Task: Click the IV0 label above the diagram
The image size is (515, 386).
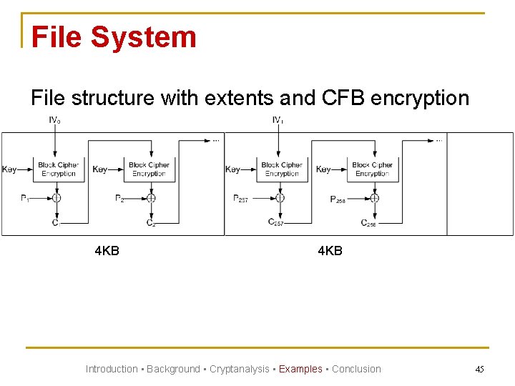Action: tap(54, 120)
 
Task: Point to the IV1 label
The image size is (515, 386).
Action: tap(278, 120)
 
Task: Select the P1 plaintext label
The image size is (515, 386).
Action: tap(25, 199)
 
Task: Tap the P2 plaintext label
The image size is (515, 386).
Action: tap(119, 199)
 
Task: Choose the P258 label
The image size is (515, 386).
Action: tap(338, 199)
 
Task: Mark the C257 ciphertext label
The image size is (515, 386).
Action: tap(276, 222)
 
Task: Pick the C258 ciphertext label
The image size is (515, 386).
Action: tap(368, 223)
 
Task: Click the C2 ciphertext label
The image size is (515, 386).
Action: tap(151, 223)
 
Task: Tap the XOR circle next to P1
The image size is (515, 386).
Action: tap(56, 198)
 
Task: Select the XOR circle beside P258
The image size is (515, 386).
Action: tap(373, 198)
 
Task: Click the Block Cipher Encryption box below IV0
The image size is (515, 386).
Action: tap(58, 169)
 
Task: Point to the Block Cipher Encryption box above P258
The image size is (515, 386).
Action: tap(372, 169)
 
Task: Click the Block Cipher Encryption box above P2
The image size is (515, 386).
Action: tap(149, 169)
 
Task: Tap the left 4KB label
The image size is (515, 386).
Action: tap(107, 251)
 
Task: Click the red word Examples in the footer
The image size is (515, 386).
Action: tap(300, 369)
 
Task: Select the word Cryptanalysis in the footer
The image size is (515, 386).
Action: tap(239, 369)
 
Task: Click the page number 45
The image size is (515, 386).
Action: tap(479, 369)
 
